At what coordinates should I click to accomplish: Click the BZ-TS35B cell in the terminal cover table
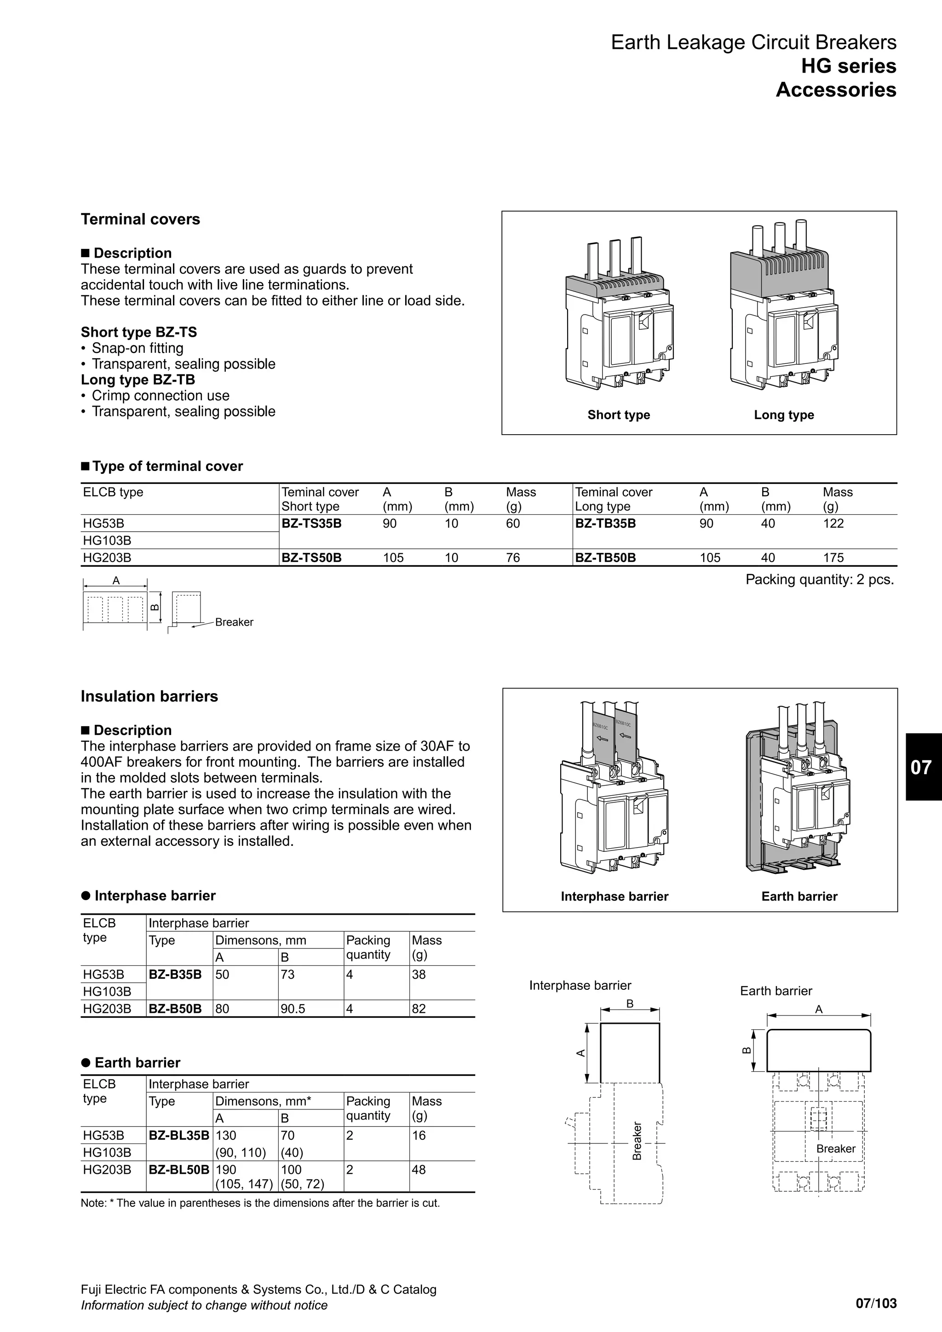(311, 523)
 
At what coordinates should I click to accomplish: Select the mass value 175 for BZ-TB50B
(833, 557)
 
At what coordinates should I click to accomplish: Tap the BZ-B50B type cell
(175, 1008)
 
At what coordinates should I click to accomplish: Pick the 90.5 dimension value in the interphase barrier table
(293, 1008)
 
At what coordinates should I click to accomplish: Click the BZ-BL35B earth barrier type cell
(178, 1135)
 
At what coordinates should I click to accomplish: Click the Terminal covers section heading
(140, 219)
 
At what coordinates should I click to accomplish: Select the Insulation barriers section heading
(149, 696)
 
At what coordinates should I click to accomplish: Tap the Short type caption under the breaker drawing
(618, 415)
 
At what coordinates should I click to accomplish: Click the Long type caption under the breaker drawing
(784, 415)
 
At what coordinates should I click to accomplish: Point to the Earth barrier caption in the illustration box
(799, 896)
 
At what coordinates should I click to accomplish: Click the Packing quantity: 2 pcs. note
(819, 580)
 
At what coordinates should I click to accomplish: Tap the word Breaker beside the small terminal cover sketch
(234, 622)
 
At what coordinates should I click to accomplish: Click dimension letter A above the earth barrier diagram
(818, 1010)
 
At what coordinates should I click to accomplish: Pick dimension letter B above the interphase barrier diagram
(629, 1004)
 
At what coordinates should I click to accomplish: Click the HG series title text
(848, 66)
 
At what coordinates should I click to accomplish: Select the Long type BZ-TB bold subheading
(138, 380)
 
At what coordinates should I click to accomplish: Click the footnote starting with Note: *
(260, 1203)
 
